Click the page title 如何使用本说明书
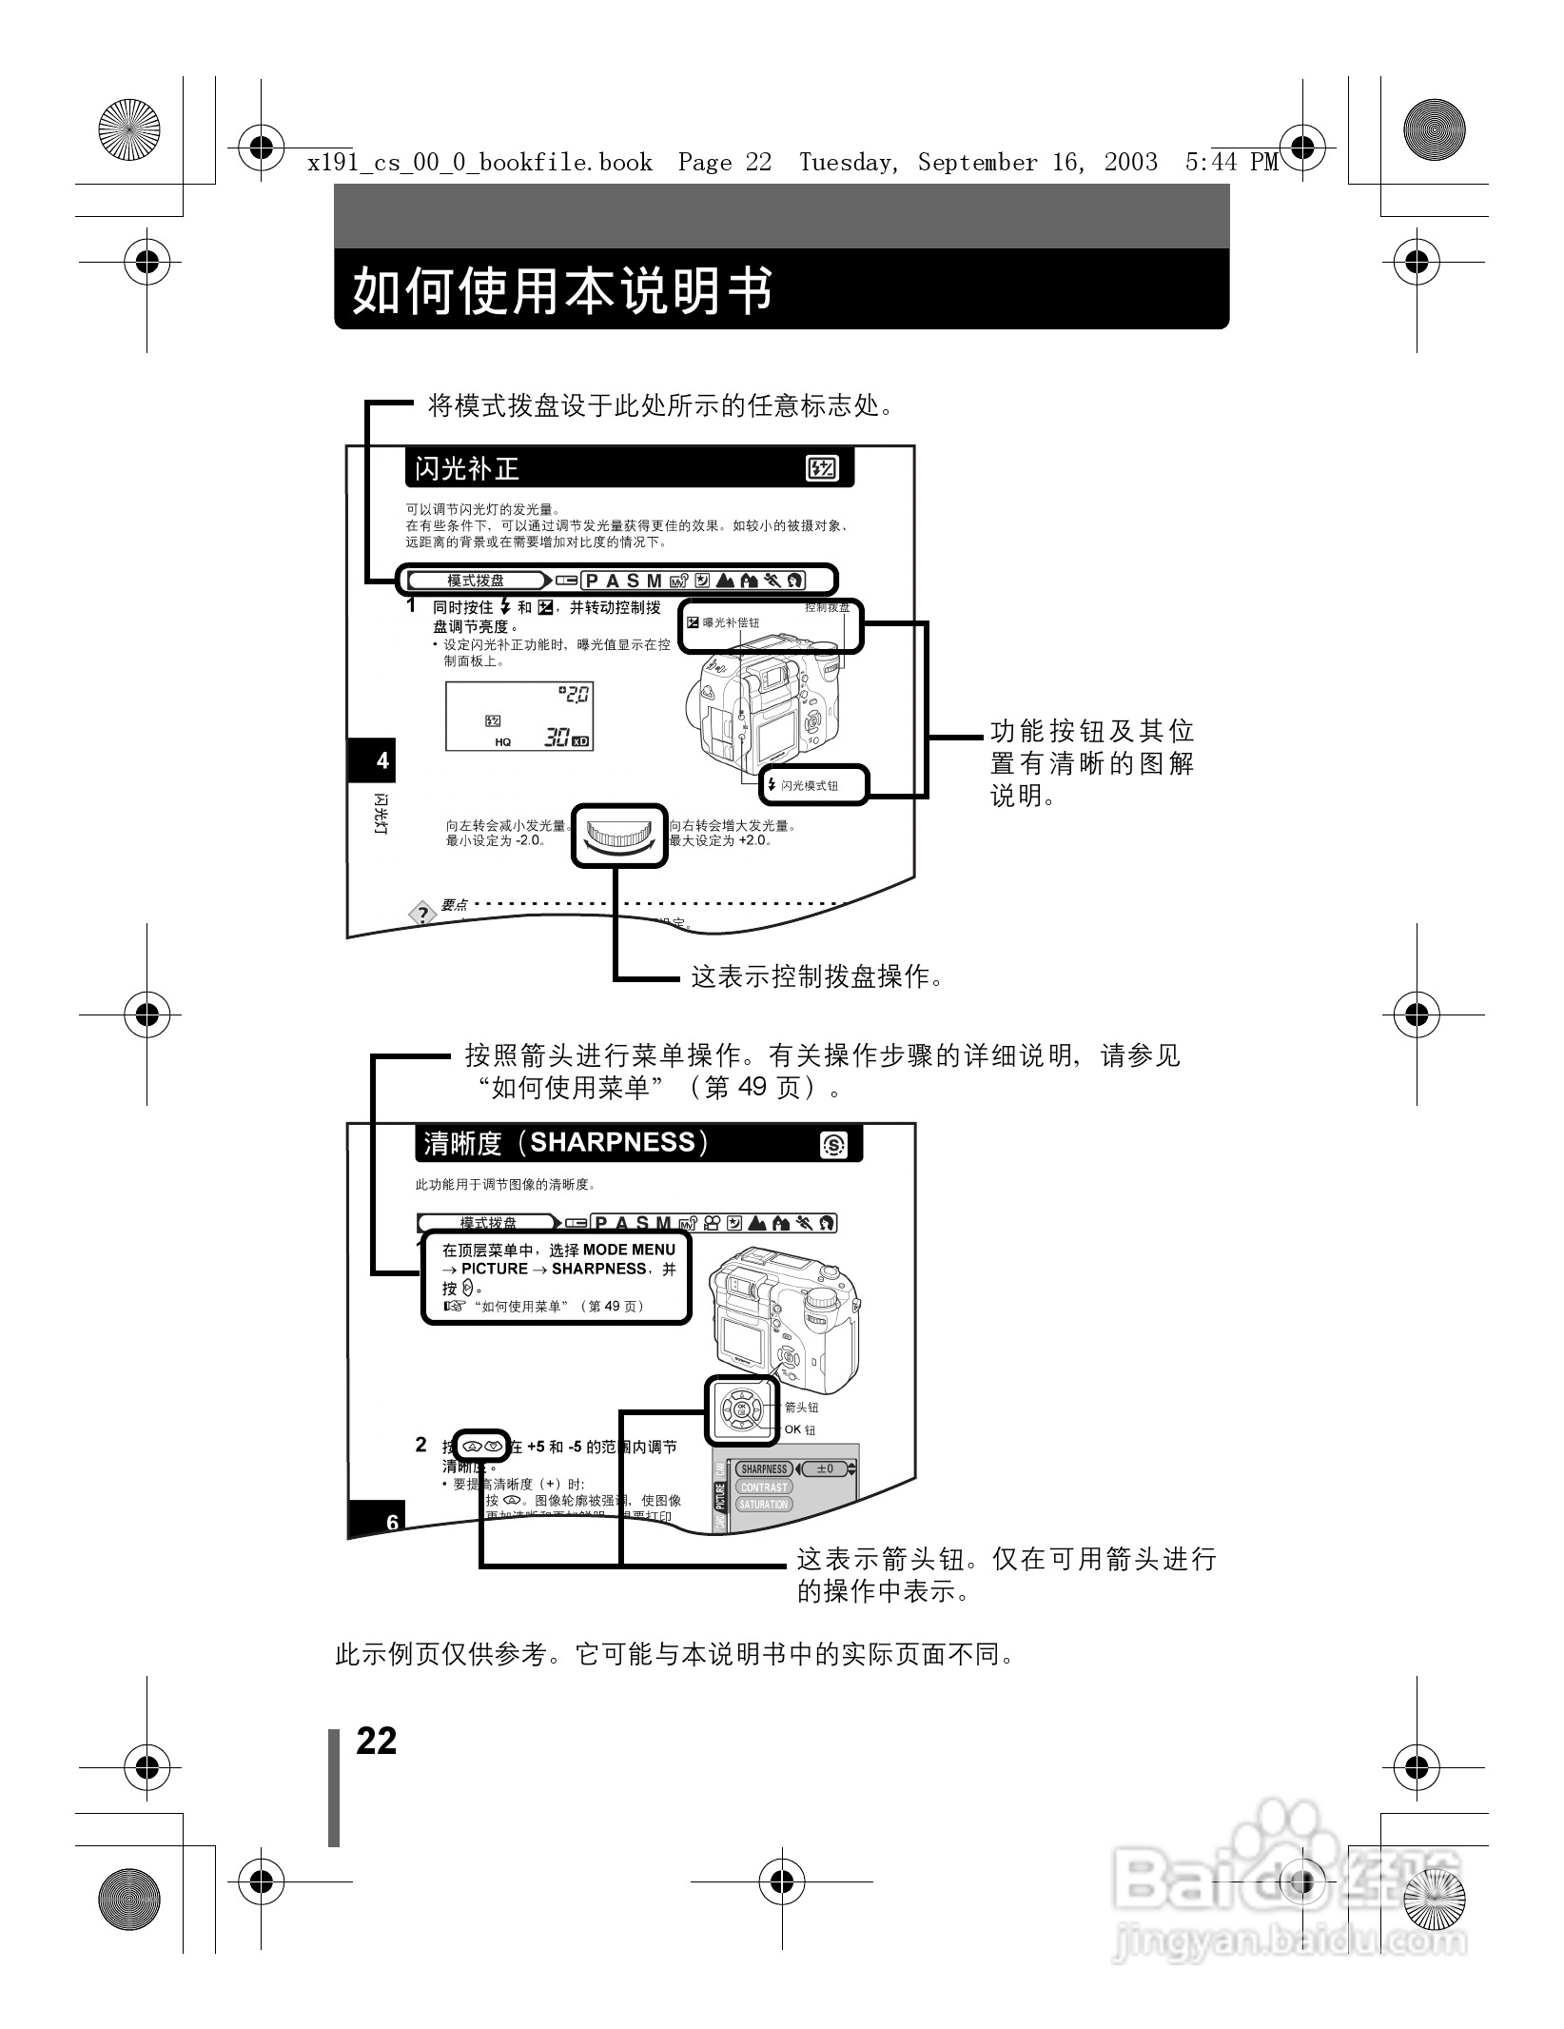562,290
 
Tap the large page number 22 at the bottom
377,1741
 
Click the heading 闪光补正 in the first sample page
467,468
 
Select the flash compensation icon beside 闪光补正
821,468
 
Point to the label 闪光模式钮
809,786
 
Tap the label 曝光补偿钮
730,622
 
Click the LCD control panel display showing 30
519,715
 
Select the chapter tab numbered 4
382,760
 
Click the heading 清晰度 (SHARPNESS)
567,1143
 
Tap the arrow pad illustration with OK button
742,1409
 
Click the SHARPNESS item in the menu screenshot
764,1468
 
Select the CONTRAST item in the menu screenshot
764,1487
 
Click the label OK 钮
799,1429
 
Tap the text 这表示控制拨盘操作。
816,976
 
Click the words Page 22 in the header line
725,163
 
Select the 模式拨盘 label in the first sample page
476,581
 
